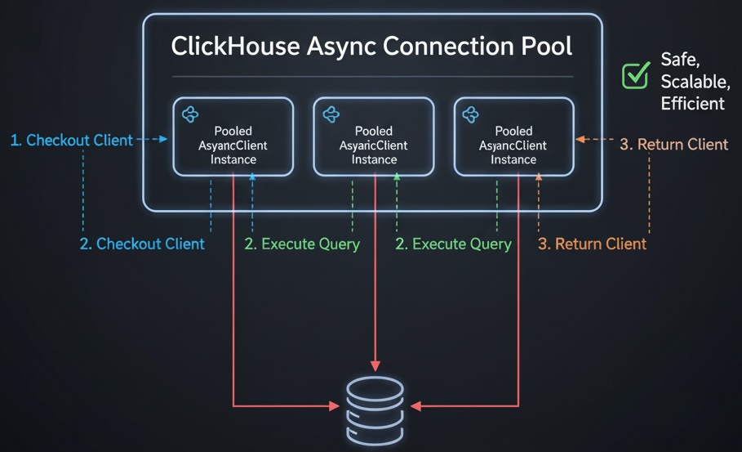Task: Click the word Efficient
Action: click(693, 103)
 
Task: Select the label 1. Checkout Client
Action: click(71, 141)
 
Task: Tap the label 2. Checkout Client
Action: click(142, 244)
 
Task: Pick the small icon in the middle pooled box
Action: click(331, 114)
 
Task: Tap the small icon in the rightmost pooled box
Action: click(471, 114)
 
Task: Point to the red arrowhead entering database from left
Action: click(334, 405)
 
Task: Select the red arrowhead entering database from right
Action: click(415, 405)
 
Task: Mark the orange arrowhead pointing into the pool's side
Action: click(580, 140)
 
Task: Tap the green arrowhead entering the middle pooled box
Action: click(395, 180)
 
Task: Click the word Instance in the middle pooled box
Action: click(374, 159)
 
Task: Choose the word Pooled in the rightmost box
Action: click(513, 131)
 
